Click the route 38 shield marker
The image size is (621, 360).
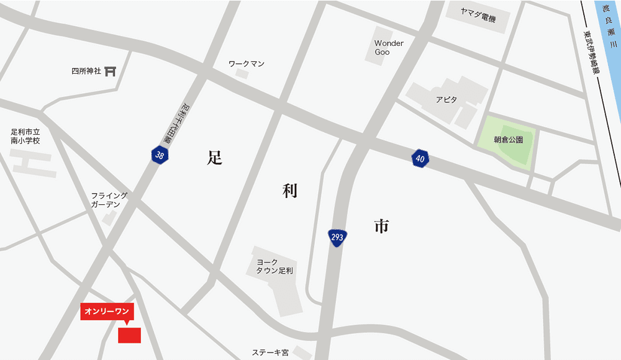(x=160, y=155)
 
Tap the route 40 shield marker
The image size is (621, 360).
(x=420, y=159)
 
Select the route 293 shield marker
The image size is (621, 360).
(x=338, y=238)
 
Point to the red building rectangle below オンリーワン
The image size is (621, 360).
(x=129, y=335)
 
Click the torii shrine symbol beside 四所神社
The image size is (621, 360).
(x=111, y=71)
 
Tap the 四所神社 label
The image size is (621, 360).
(x=86, y=71)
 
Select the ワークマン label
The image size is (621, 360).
(x=247, y=64)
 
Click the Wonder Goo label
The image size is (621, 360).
(x=389, y=48)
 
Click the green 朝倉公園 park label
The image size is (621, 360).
(x=509, y=140)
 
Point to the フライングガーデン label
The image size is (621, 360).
(x=109, y=200)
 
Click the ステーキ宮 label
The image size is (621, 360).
(x=270, y=353)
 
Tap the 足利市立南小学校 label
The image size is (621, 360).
(x=25, y=137)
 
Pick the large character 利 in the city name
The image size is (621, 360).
(x=289, y=191)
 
